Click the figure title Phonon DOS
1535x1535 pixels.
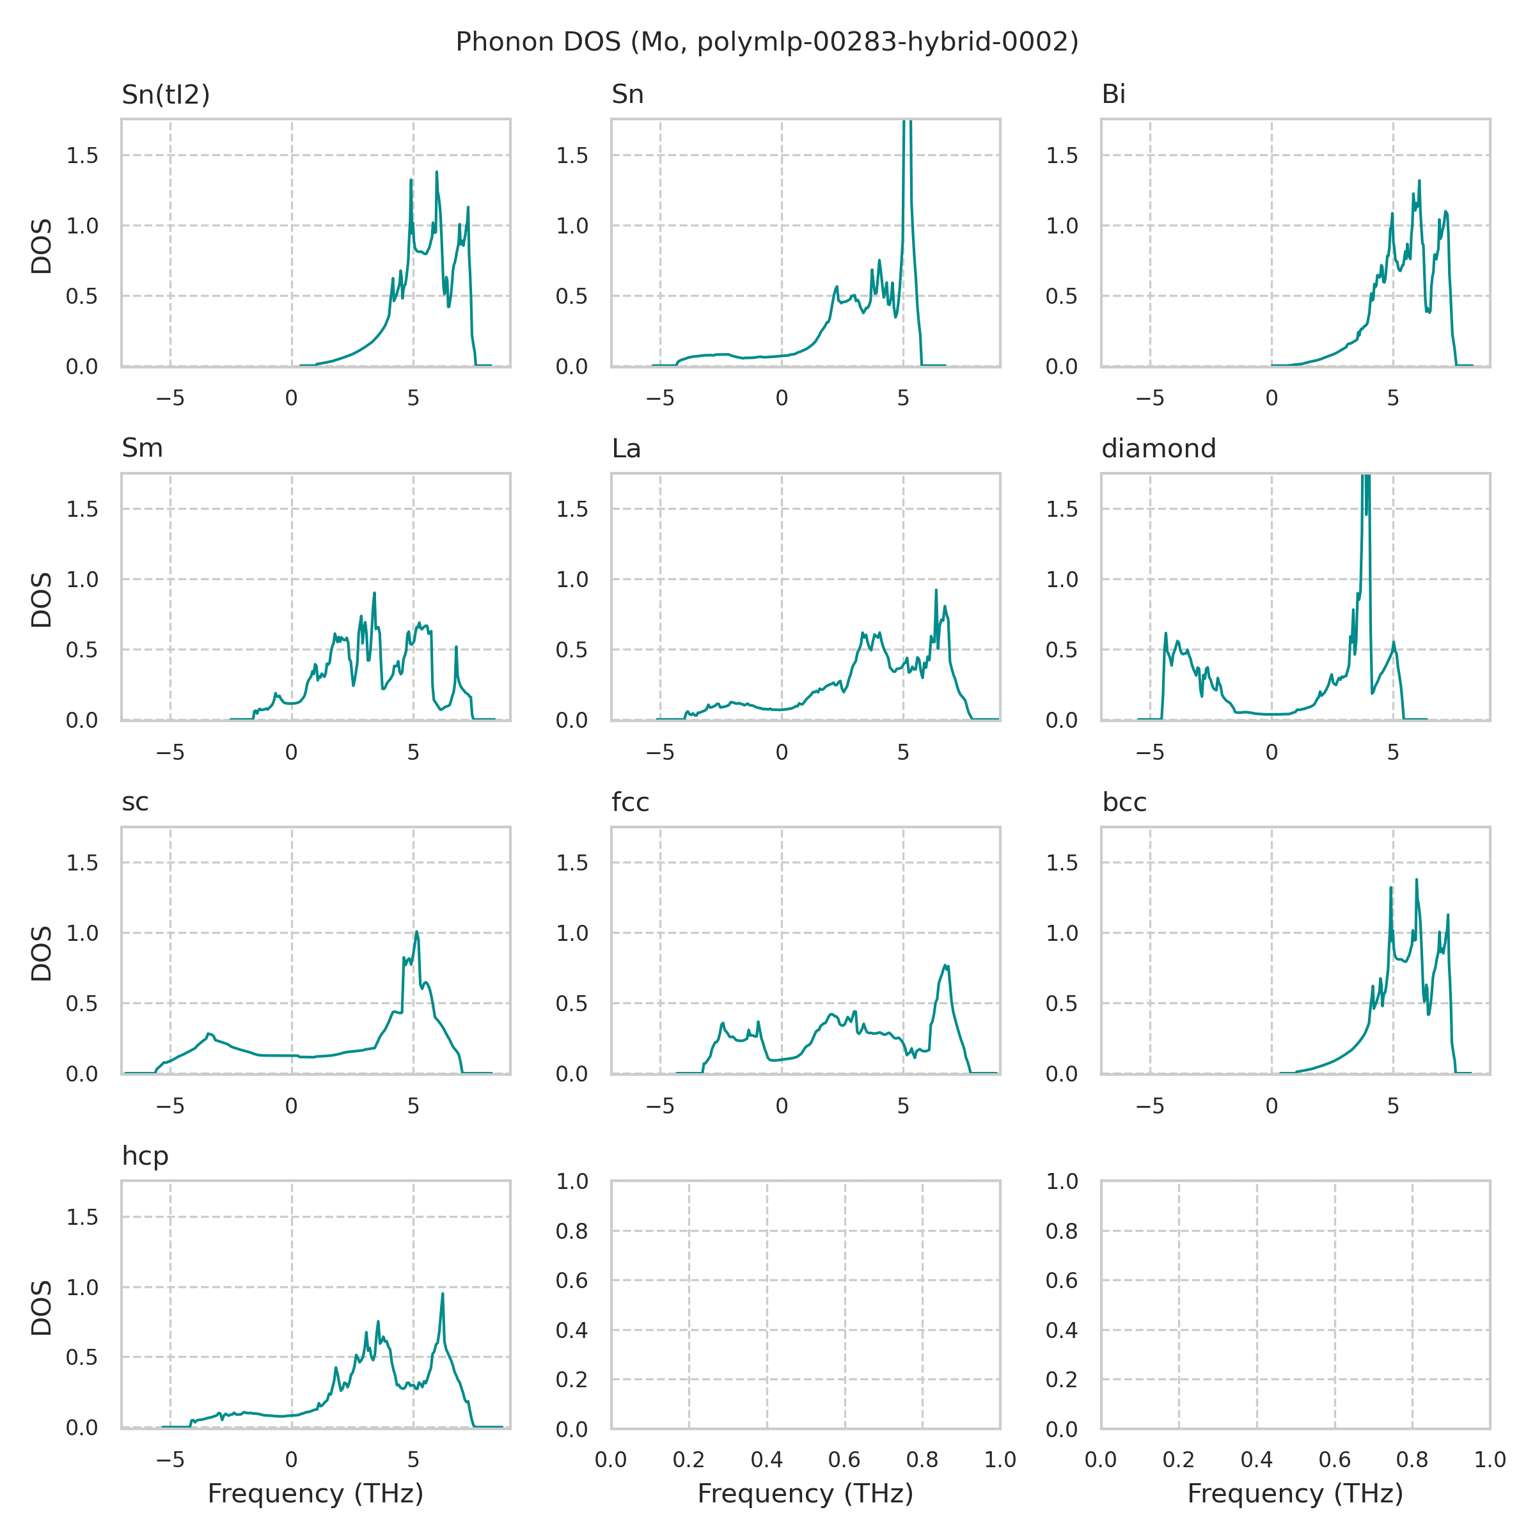click(767, 42)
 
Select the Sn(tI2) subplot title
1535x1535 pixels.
click(165, 95)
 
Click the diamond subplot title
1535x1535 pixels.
click(1158, 449)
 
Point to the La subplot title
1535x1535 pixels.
click(626, 449)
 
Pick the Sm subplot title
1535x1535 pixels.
click(142, 449)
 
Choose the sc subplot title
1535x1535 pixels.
click(135, 803)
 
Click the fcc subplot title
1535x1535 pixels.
click(630, 803)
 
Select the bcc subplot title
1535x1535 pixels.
click(1124, 803)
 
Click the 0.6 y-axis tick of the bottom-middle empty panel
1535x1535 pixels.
click(571, 1280)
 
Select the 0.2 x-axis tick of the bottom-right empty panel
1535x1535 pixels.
click(1178, 1460)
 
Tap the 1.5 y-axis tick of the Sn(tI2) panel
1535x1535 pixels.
click(82, 155)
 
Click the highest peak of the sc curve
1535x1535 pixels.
click(416, 932)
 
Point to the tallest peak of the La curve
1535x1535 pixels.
click(936, 590)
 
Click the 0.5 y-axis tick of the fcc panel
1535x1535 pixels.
click(571, 1004)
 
